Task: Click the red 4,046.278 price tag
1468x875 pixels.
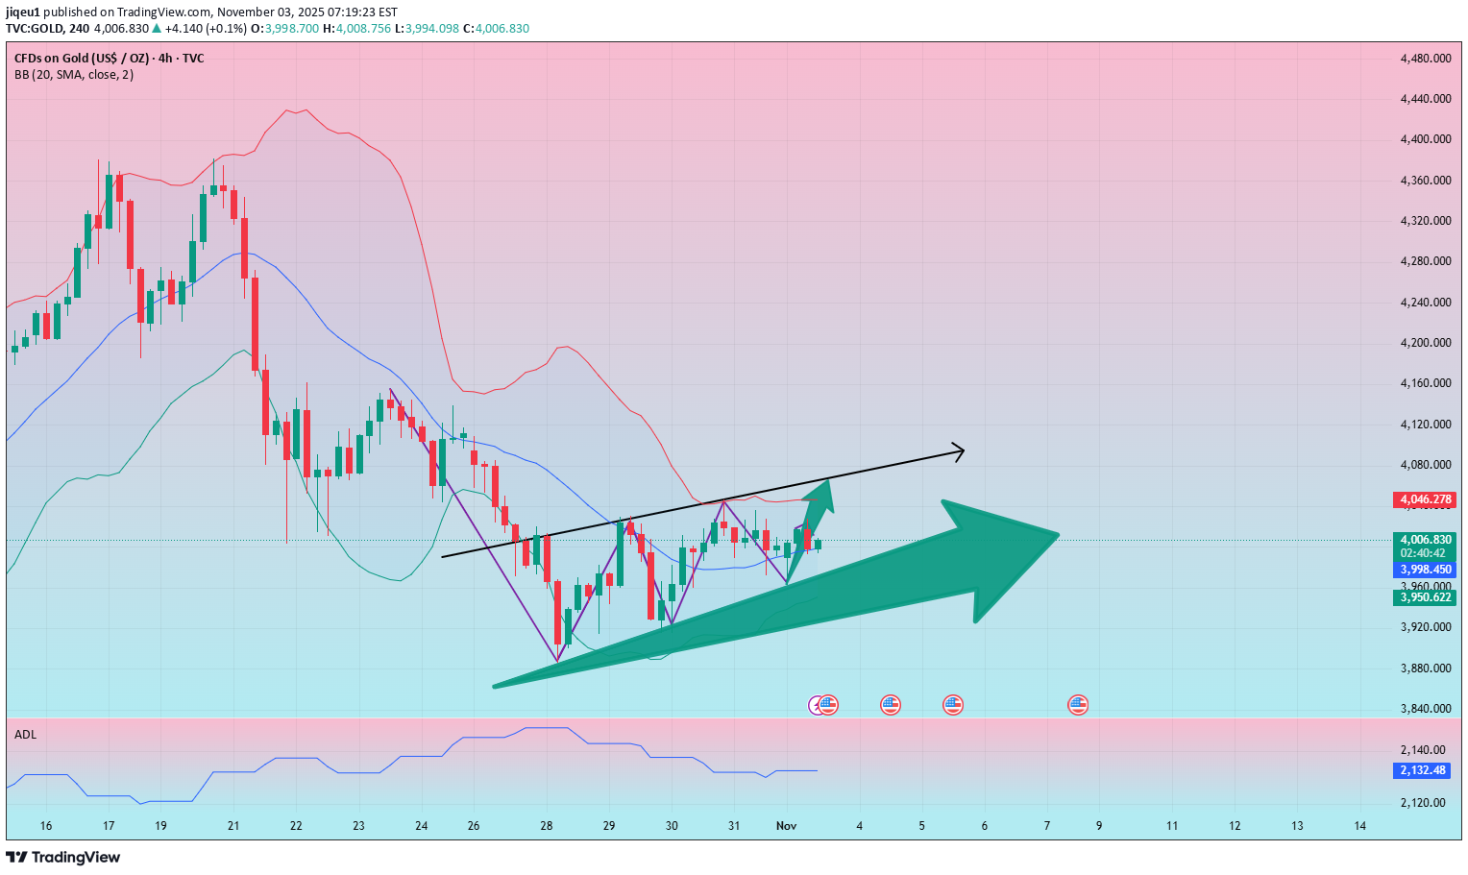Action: (x=1424, y=499)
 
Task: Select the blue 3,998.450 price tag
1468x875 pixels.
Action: (x=1424, y=570)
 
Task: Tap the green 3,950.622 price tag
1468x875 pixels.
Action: (x=1424, y=597)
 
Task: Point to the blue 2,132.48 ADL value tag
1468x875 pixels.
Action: (x=1422, y=770)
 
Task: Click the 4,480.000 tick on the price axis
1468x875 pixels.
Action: (x=1425, y=59)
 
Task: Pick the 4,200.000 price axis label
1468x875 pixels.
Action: (x=1425, y=343)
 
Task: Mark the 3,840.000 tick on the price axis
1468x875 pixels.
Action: (x=1425, y=709)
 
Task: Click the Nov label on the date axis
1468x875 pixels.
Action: (x=787, y=826)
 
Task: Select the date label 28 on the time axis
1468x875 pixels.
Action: (x=547, y=826)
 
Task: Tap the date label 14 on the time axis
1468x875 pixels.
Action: (x=1359, y=826)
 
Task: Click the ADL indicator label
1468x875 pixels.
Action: (x=26, y=735)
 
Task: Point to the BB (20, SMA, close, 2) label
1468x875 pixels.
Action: (x=74, y=75)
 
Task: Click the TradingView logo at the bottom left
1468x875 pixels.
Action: (x=63, y=857)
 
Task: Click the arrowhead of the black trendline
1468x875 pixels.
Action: (x=959, y=450)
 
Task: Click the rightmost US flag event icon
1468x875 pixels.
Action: (x=1078, y=705)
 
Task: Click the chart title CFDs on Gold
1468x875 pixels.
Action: (x=109, y=59)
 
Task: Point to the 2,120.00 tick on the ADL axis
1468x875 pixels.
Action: (x=1423, y=803)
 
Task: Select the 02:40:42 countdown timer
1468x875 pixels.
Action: (x=1424, y=553)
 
